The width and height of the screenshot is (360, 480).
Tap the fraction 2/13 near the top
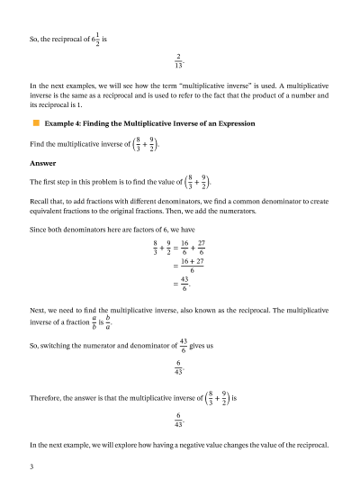(179, 60)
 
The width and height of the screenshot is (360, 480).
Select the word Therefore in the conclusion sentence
(49, 398)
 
